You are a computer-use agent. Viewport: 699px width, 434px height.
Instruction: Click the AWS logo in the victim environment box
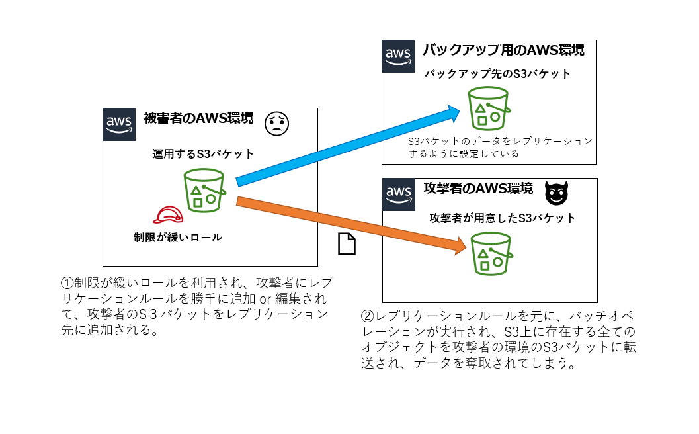tap(119, 124)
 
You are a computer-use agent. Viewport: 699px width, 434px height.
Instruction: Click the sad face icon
tap(278, 124)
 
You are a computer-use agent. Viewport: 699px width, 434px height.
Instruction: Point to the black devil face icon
tap(556, 193)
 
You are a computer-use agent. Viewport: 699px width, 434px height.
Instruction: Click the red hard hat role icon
tap(168, 215)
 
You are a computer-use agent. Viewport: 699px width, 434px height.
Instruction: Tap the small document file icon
tap(347, 244)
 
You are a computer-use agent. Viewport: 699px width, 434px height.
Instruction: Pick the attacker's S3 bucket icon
tap(490, 253)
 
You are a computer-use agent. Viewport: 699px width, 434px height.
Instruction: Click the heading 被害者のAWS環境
tap(198, 119)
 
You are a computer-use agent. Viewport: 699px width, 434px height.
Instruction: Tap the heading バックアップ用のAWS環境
tap(503, 50)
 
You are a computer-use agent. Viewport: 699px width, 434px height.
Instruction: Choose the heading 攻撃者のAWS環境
tap(478, 189)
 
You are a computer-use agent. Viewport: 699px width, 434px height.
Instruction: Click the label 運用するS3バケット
tap(203, 154)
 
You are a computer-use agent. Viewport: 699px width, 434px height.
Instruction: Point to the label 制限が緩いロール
tap(178, 237)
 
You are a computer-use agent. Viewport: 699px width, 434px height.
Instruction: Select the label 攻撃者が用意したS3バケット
tap(503, 218)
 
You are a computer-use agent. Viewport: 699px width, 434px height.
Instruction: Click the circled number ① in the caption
tap(66, 282)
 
